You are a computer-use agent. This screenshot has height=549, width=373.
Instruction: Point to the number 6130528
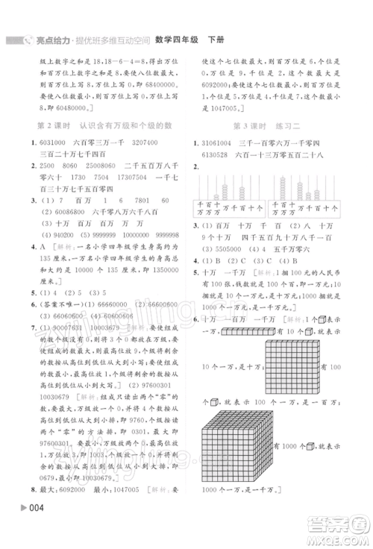(x=213, y=154)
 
